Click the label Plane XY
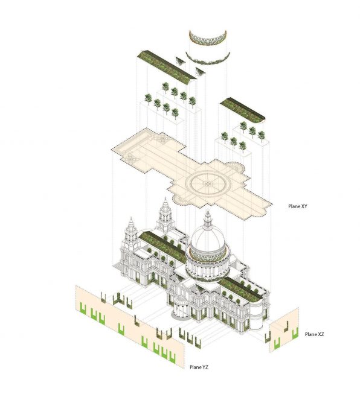tap(297, 206)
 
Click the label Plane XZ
tap(314, 334)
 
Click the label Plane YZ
tap(199, 367)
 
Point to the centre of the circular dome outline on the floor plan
tap(208, 183)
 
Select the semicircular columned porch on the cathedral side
tap(181, 308)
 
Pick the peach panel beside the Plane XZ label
tap(284, 330)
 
